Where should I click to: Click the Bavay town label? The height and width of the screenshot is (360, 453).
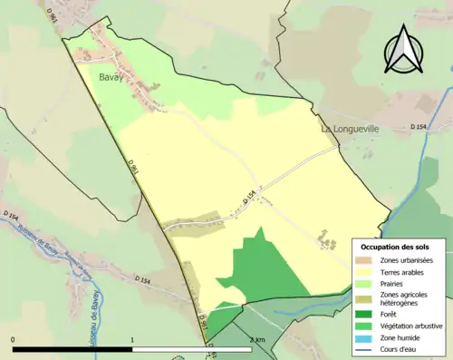point(112,78)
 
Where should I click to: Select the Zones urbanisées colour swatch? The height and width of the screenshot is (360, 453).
point(365,261)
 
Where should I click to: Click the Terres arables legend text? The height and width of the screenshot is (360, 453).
point(404,272)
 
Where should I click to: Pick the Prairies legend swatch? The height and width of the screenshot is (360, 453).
point(365,283)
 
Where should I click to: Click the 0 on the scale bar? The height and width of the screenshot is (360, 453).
point(14,340)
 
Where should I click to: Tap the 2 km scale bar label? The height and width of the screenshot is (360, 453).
point(257,340)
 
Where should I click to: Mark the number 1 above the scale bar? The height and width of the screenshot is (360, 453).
point(133,340)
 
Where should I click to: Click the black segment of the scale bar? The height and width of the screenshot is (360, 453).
point(72,349)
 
